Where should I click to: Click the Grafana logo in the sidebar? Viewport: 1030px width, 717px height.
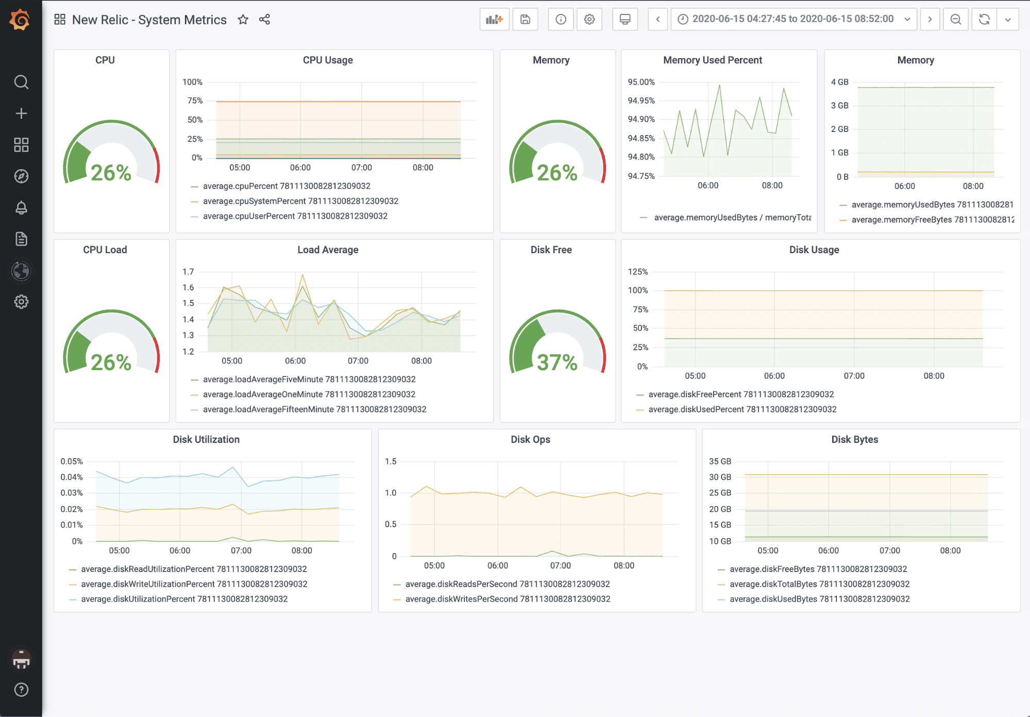pyautogui.click(x=20, y=20)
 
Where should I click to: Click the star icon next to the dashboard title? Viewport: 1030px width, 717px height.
pyautogui.click(x=243, y=20)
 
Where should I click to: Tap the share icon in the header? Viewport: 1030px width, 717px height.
pyautogui.click(x=264, y=20)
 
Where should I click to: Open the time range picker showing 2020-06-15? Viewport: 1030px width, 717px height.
pyautogui.click(x=793, y=19)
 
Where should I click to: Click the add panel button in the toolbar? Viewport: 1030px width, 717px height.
pyautogui.click(x=494, y=20)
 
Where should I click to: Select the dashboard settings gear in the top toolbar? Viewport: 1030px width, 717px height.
pyautogui.click(x=589, y=20)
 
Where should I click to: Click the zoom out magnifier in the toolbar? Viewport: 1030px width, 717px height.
pyautogui.click(x=956, y=20)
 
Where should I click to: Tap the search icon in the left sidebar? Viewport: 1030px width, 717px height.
pyautogui.click(x=21, y=82)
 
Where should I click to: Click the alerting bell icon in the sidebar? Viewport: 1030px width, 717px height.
pyautogui.click(x=21, y=208)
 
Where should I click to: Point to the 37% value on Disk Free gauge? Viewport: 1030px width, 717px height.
pyautogui.click(x=557, y=362)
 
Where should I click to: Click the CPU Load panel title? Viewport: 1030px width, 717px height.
pyautogui.click(x=105, y=249)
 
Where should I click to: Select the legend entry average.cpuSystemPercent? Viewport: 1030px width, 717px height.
pyautogui.click(x=300, y=201)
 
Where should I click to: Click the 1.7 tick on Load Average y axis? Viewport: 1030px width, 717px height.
pyautogui.click(x=188, y=272)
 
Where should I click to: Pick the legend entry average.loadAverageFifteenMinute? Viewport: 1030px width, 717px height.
pyautogui.click(x=314, y=409)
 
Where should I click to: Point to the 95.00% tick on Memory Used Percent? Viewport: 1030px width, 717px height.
pyautogui.click(x=641, y=82)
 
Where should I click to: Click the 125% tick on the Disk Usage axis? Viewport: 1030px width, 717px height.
pyautogui.click(x=637, y=272)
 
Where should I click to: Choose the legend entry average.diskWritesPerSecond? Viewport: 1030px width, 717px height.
pyautogui.click(x=508, y=599)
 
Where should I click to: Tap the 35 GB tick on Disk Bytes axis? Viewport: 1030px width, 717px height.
pyautogui.click(x=720, y=461)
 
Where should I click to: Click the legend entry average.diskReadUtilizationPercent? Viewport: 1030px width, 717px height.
pyautogui.click(x=194, y=569)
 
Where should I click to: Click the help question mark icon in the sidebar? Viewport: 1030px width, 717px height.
pyautogui.click(x=21, y=690)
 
